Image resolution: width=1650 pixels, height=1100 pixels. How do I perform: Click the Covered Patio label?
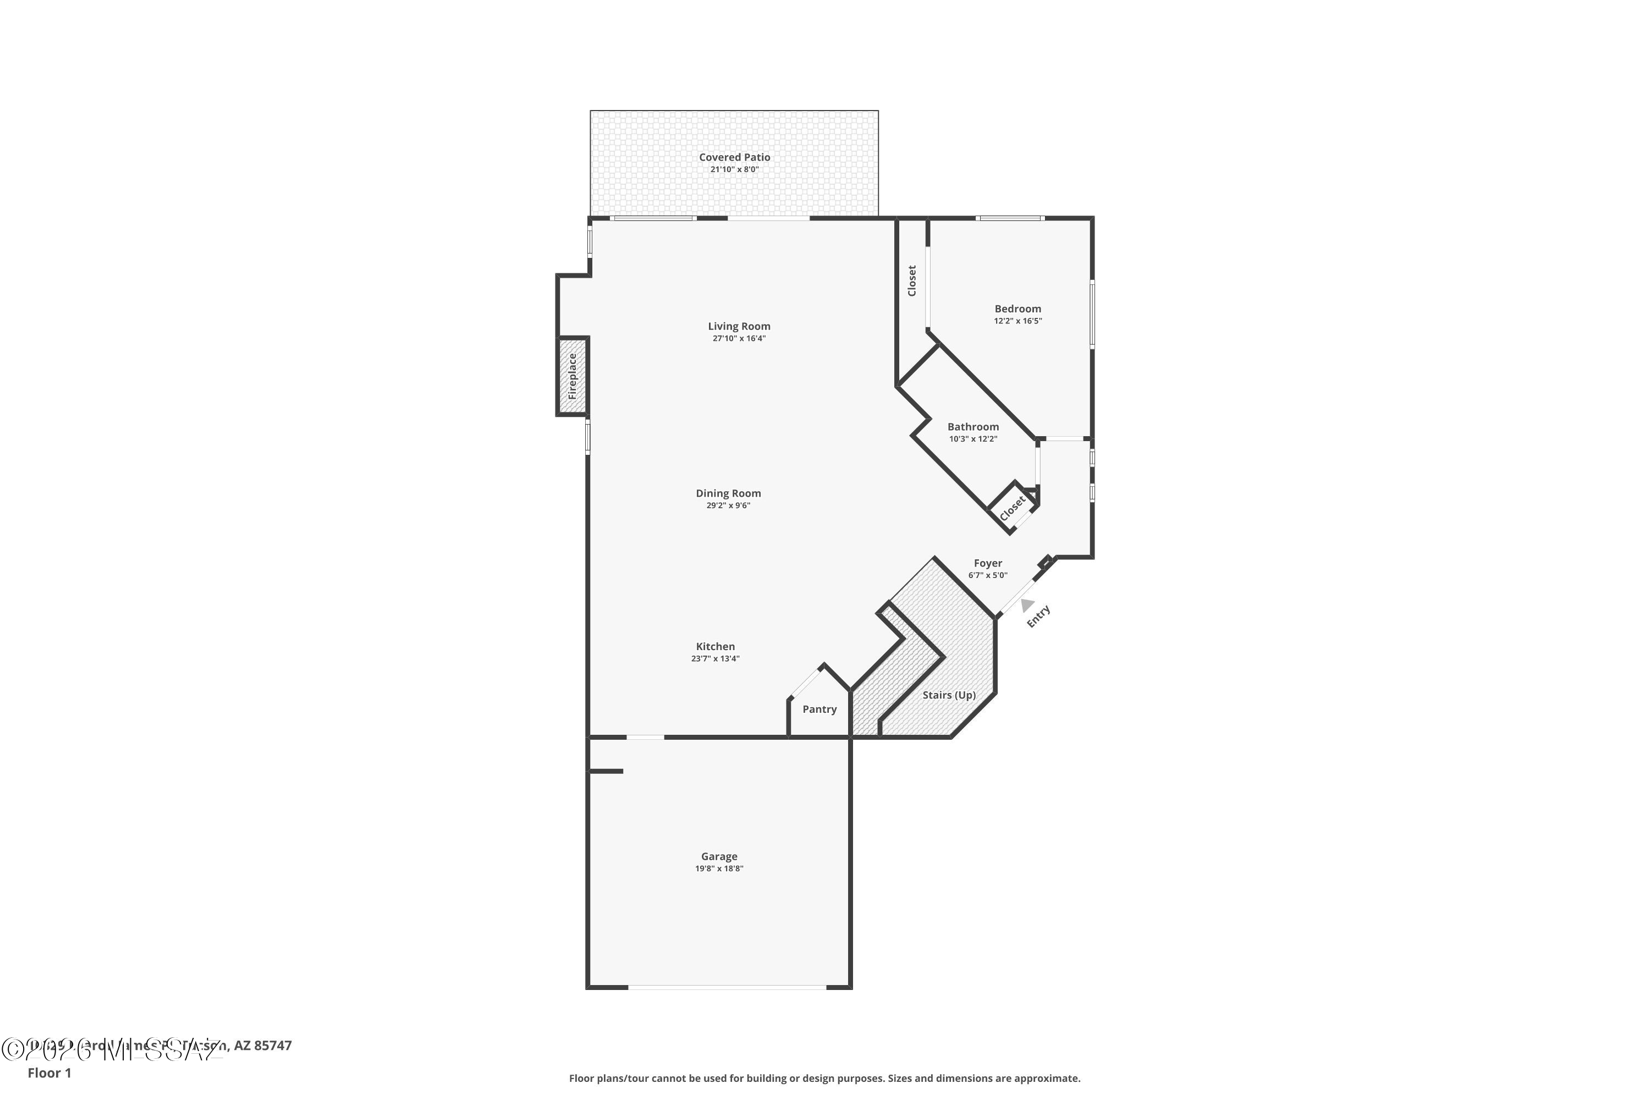(x=734, y=157)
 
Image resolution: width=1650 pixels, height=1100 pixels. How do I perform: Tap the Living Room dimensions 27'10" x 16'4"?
(x=739, y=338)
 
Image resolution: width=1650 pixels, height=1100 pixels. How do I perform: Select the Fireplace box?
(x=572, y=377)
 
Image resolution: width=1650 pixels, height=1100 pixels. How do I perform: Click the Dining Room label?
(x=728, y=493)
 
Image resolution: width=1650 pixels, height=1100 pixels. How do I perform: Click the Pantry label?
(x=819, y=710)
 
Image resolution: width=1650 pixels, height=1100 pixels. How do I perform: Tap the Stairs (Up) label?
(x=948, y=695)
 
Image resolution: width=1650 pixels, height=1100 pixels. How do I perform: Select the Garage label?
(x=719, y=856)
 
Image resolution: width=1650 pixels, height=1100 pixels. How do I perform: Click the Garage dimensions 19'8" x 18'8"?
(x=719, y=868)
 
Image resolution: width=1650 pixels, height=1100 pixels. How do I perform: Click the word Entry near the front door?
(x=1038, y=616)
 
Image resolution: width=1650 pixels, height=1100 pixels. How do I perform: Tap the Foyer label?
(x=987, y=563)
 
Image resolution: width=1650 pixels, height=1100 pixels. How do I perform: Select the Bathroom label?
(x=972, y=427)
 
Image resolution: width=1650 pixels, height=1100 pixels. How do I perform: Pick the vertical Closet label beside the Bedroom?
(x=911, y=280)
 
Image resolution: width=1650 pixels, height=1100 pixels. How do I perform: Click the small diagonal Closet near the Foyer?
(x=1013, y=508)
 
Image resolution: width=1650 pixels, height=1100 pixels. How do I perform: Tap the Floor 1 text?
(x=49, y=1072)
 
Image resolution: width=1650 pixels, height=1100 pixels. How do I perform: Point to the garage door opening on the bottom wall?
(x=726, y=987)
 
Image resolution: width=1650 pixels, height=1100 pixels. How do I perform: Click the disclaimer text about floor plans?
(x=824, y=1078)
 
